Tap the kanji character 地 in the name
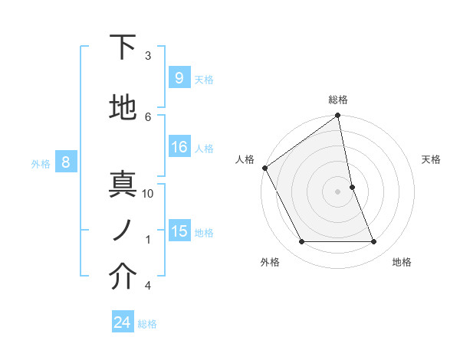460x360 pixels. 123,110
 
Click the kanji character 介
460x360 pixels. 123,278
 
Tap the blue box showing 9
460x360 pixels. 179,78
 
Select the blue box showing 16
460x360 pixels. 179,147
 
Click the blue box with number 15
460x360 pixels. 179,231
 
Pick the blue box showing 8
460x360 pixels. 66,162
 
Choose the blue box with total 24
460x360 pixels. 123,322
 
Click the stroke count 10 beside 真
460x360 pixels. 148,194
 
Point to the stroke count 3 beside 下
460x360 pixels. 148,56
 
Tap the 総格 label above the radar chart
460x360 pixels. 338,100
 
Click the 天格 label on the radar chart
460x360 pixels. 431,159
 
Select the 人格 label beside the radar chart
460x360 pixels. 245,159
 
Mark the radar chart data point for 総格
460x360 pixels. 338,116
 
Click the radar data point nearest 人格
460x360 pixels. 264,168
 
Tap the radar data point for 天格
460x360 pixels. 352,187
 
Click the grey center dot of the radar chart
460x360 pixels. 338,191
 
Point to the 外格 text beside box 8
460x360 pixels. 41,162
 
